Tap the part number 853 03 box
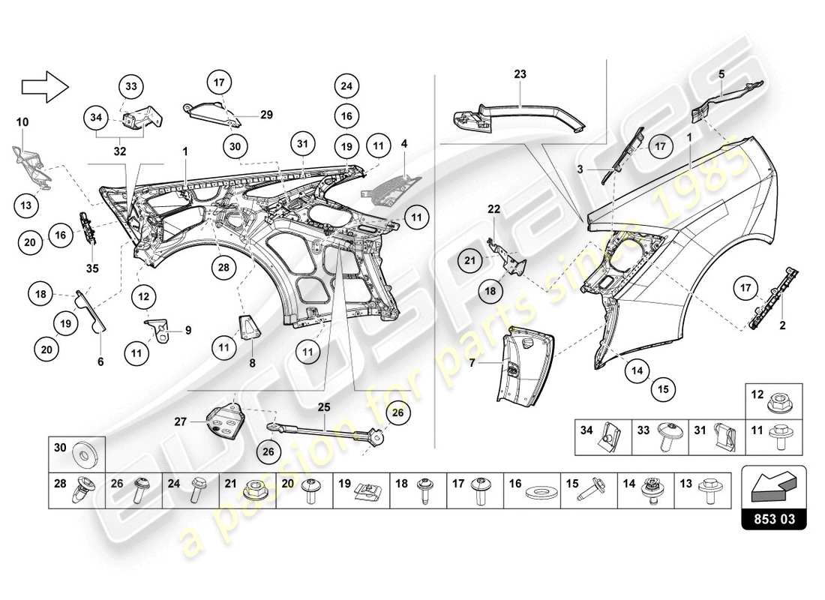[x=773, y=517]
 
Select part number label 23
[x=520, y=74]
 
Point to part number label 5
[x=721, y=74]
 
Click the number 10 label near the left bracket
[x=22, y=121]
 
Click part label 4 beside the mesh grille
[x=403, y=142]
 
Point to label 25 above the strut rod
[x=324, y=408]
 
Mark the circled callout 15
[x=664, y=388]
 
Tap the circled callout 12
[x=144, y=297]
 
